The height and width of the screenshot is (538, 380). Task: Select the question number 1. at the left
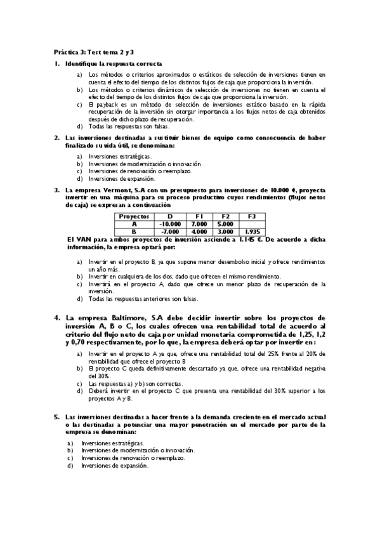[56, 64]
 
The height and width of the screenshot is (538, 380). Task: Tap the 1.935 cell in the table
[251, 232]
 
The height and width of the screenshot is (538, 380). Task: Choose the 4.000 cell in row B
[198, 232]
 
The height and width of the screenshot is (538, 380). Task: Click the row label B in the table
[134, 232]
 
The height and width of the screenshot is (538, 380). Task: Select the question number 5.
[56, 417]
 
